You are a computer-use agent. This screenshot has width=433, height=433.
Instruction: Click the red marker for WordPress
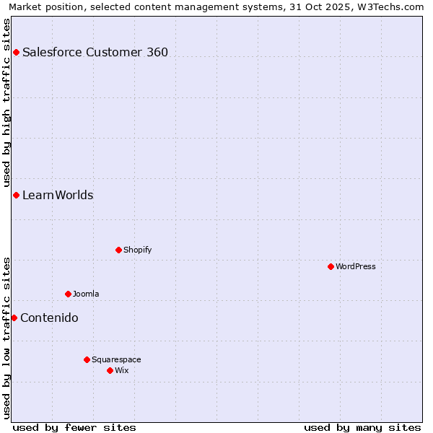point(331,266)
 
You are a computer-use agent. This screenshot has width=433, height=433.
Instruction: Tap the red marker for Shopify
point(118,250)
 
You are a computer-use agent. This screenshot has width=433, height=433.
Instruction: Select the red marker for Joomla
point(68,294)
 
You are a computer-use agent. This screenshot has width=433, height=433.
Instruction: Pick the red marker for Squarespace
point(87,359)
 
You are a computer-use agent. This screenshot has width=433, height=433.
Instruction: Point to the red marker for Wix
point(110,370)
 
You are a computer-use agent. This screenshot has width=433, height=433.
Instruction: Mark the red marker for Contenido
point(14,318)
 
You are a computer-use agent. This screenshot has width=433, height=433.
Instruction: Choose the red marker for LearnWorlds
point(16,195)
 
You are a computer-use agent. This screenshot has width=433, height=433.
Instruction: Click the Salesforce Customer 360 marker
point(16,52)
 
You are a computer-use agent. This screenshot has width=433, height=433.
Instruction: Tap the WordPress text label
point(356,266)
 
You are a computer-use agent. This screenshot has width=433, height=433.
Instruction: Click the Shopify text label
point(138,250)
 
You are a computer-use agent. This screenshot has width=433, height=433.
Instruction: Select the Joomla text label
point(86,294)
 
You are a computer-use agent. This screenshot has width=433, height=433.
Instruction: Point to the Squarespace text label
point(116,359)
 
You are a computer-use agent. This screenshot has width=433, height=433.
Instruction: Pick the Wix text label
point(122,370)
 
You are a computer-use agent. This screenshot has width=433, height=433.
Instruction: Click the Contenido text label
point(49,318)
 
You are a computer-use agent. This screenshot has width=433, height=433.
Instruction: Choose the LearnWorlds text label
point(58,196)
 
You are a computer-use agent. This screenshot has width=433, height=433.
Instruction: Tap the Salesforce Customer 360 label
point(95,52)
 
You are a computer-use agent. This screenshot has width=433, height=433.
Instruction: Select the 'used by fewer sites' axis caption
point(74,427)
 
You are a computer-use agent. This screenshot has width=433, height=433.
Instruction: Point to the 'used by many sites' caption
point(362,427)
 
